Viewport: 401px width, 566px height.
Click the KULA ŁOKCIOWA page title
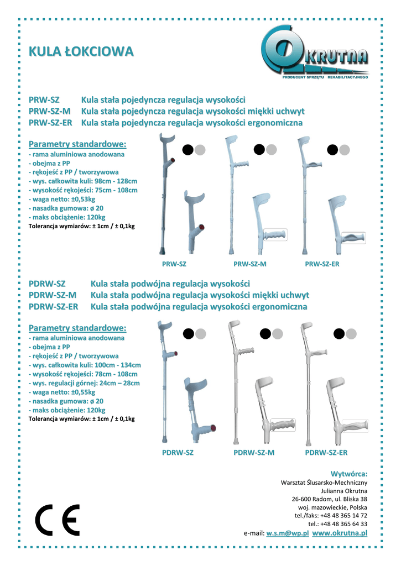[x=81, y=52]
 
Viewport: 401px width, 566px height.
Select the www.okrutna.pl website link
[x=340, y=533]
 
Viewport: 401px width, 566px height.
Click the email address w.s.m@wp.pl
[x=287, y=533]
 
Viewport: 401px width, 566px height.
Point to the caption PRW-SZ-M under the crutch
[x=250, y=264]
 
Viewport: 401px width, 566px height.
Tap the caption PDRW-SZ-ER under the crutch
[x=326, y=453]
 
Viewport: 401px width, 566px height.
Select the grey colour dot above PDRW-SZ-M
[x=278, y=333]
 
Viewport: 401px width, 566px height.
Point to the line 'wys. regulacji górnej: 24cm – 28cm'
[x=84, y=383]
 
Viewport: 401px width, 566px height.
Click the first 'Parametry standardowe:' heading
[x=77, y=144]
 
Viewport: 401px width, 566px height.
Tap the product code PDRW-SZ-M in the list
[x=53, y=295]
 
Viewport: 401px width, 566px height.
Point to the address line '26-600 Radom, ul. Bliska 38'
[x=329, y=499]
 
